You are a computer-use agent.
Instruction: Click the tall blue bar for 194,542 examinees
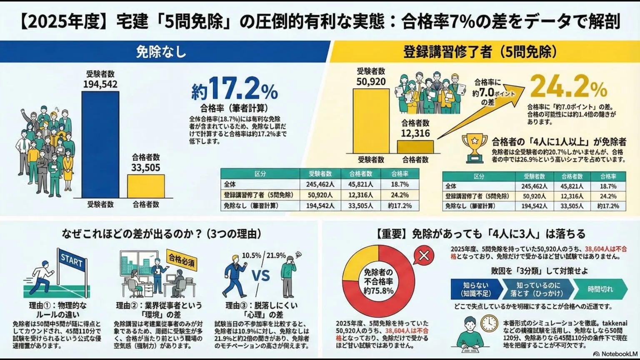pyautogui.click(x=100, y=144)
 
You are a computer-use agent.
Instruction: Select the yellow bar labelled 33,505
pyautogui.click(x=146, y=186)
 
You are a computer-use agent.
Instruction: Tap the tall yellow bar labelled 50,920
pyautogui.click(x=371, y=121)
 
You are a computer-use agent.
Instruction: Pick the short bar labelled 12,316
pyautogui.click(x=415, y=147)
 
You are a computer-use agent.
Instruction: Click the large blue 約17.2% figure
pyautogui.click(x=235, y=89)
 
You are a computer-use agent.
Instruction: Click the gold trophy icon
pyautogui.click(x=475, y=147)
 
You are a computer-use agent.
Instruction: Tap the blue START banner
pyautogui.click(x=72, y=261)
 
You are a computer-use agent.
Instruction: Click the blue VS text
pyautogui.click(x=260, y=275)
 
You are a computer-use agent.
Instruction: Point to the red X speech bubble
pyautogui.click(x=424, y=255)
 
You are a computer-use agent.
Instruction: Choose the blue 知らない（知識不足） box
pyautogui.click(x=475, y=289)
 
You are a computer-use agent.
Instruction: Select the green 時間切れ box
pyautogui.click(x=600, y=289)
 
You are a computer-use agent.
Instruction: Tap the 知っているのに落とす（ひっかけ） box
pyautogui.click(x=538, y=289)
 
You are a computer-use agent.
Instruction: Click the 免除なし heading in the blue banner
pyautogui.click(x=161, y=52)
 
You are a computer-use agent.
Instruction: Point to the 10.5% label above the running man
pyautogui.click(x=251, y=255)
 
